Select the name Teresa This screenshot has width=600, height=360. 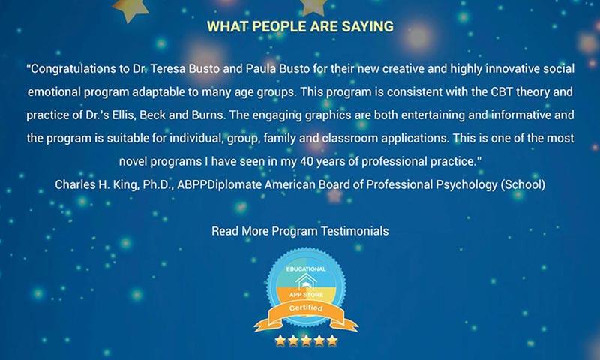168,69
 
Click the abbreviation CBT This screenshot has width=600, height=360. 502,91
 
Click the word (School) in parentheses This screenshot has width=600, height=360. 523,185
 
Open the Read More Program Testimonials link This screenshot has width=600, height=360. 300,231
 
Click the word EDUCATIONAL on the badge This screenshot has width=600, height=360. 306,269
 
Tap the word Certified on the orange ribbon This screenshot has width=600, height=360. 306,308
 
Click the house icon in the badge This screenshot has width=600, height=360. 306,282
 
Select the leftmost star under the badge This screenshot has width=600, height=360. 280,340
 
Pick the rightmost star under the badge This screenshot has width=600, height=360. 332,340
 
